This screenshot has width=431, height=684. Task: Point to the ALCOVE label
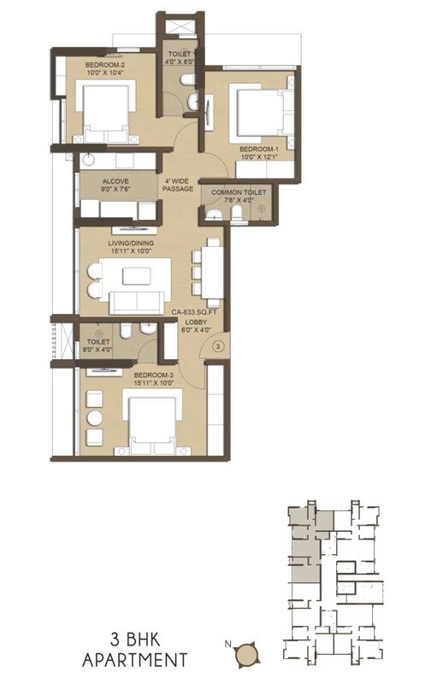click(115, 181)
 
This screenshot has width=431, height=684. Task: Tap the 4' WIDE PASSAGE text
click(179, 186)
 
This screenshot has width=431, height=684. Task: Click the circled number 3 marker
click(218, 346)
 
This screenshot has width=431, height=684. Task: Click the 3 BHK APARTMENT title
click(136, 649)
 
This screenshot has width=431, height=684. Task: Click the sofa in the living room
click(137, 299)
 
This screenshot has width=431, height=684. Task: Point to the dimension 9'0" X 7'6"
click(115, 192)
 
